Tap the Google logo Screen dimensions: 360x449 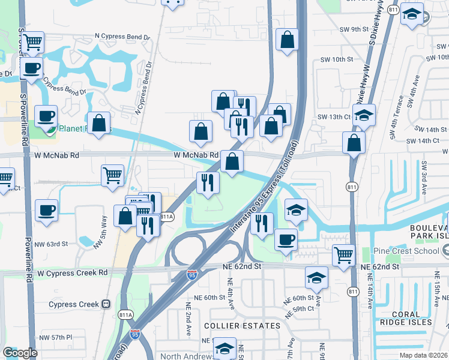tap(20, 353)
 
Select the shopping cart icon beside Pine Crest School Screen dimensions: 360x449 tap(343, 255)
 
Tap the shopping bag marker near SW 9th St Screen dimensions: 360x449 tap(288, 40)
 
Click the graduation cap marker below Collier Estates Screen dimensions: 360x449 tap(225, 348)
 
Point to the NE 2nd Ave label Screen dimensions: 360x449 tap(188, 325)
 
